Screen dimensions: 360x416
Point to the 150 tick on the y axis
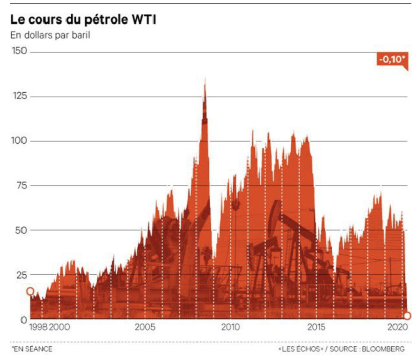coord(19,52)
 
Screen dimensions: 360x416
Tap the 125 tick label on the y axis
coord(19,96)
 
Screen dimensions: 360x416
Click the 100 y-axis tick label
coord(19,141)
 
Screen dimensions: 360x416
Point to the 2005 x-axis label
coord(145,328)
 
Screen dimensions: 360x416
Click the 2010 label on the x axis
coord(230,328)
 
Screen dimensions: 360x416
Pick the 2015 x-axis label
coord(316,328)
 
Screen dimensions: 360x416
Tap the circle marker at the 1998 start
coord(30,291)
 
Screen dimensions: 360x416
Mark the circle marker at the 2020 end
coord(407,316)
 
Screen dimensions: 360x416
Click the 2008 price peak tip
coord(205,80)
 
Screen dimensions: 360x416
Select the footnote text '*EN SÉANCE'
coord(32,349)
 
